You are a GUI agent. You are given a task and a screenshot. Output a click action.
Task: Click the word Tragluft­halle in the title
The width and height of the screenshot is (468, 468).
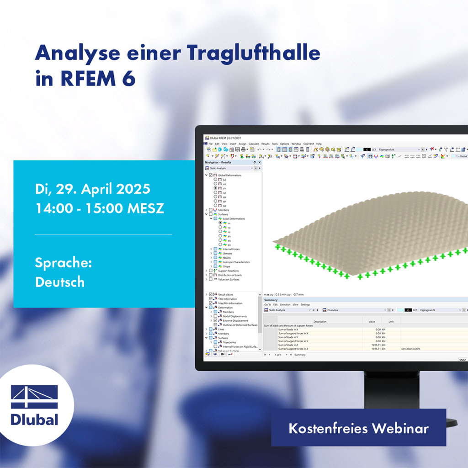tap(253, 54)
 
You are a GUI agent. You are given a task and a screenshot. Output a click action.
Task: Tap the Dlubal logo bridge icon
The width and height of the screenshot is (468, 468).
tap(34, 397)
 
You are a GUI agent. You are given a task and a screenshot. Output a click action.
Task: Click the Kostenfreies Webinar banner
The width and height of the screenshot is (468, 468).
tap(358, 428)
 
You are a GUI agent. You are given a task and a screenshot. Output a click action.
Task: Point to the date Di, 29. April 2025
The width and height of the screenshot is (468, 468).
tap(92, 189)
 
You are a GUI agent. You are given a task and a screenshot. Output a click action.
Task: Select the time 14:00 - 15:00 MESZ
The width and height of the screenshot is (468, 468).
tap(99, 208)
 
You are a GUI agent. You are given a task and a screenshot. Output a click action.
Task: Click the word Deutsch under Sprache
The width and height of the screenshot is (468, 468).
tap(59, 282)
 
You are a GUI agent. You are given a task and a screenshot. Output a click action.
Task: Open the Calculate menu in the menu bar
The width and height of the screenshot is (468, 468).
tap(254, 144)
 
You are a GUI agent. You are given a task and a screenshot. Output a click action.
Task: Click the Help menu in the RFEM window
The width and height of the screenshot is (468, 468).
tap(319, 144)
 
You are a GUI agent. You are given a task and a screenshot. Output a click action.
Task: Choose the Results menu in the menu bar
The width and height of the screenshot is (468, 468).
tap(265, 144)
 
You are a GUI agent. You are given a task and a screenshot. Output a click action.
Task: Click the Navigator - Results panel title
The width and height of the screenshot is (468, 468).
tap(218, 162)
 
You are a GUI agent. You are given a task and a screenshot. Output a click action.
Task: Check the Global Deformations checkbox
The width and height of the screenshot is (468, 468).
tap(210, 175)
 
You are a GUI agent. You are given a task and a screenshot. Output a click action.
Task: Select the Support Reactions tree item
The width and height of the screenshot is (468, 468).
tap(229, 271)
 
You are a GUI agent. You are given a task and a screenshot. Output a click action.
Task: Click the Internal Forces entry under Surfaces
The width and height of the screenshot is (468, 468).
tap(231, 249)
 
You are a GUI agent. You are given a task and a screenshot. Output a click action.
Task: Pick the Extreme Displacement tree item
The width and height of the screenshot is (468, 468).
tap(236, 320)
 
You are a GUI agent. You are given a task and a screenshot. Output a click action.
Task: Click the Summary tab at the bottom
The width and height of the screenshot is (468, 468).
tap(300, 355)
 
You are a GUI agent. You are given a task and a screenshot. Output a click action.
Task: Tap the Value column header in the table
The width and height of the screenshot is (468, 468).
tap(372, 321)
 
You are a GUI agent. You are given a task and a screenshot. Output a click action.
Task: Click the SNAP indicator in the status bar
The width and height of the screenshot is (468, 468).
tap(462, 360)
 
